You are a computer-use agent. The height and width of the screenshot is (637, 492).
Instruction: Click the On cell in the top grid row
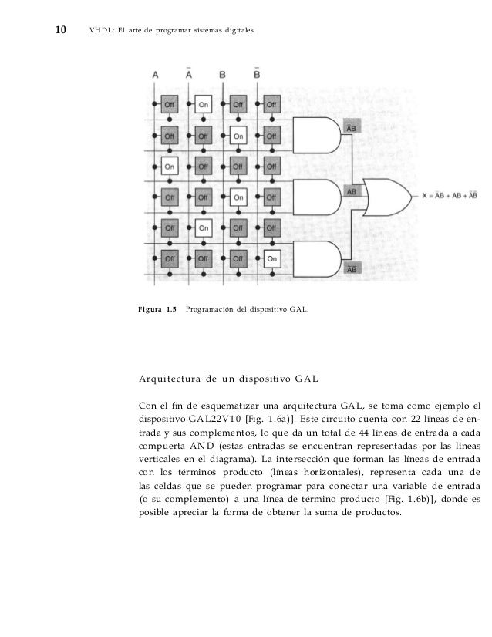click(204, 103)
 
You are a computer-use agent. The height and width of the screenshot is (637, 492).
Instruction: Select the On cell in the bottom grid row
click(271, 259)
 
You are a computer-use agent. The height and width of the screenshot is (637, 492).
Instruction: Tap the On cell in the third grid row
click(170, 166)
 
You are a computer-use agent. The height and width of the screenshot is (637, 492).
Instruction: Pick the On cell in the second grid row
click(238, 136)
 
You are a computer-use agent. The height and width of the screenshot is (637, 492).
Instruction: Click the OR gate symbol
click(388, 197)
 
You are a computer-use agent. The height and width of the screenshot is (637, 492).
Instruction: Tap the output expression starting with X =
click(451, 197)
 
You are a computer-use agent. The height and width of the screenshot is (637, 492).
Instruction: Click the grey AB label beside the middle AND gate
click(351, 189)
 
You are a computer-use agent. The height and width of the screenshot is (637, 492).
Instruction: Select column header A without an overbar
click(157, 75)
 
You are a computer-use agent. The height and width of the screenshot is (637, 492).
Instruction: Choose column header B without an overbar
click(224, 75)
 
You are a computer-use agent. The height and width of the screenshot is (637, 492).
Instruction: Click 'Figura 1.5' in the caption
click(157, 310)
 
